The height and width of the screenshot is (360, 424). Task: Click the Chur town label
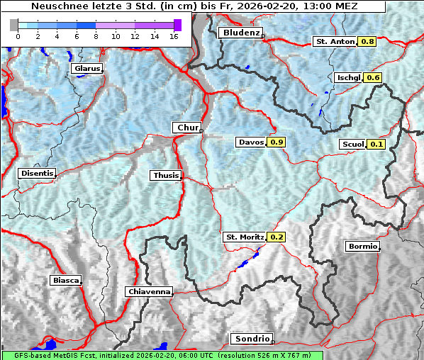(x=187, y=128)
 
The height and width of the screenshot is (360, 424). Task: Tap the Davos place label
(x=251, y=142)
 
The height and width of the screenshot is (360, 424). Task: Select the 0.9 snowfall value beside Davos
(x=277, y=142)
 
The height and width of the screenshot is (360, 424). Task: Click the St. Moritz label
(x=244, y=237)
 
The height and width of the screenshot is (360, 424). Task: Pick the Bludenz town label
(x=240, y=33)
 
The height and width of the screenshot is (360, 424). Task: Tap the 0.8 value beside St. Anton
(x=368, y=42)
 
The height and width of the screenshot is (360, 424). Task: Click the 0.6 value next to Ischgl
(x=374, y=77)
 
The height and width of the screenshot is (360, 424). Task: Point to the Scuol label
(x=352, y=145)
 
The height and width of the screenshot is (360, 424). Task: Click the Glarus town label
(x=86, y=69)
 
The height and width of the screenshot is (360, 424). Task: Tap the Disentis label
(x=37, y=173)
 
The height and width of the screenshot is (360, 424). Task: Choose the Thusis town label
(x=166, y=175)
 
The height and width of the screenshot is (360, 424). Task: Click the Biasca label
(x=66, y=280)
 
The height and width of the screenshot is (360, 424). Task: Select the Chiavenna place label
(x=149, y=291)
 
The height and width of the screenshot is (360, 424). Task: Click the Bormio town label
(x=362, y=247)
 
